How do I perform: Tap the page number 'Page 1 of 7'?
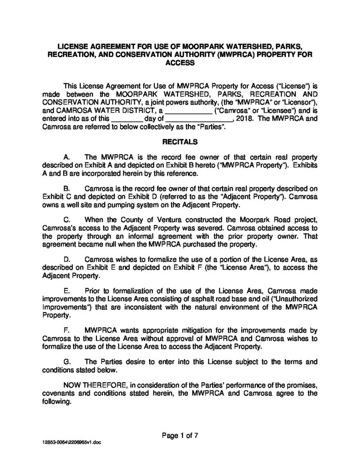[x=180, y=435]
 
